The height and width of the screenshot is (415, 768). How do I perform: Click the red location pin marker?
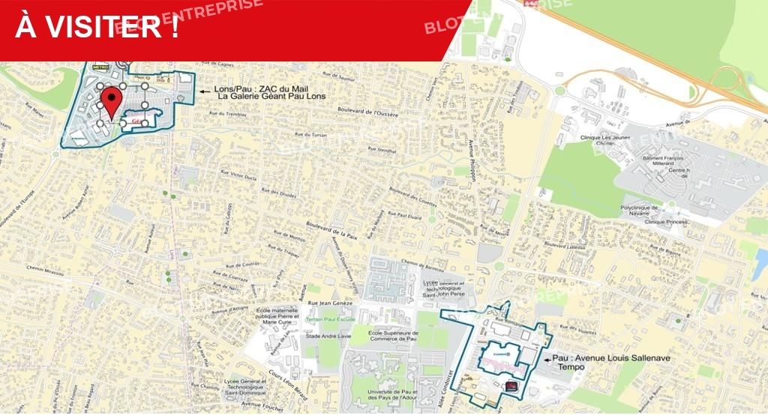click(x=112, y=101)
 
